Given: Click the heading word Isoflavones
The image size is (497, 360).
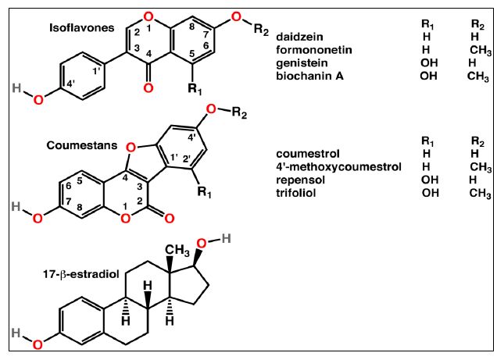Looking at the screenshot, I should [76, 29].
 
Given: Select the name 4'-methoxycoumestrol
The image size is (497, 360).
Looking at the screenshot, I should [338, 166].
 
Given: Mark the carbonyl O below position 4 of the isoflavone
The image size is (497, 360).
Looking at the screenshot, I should [148, 88].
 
